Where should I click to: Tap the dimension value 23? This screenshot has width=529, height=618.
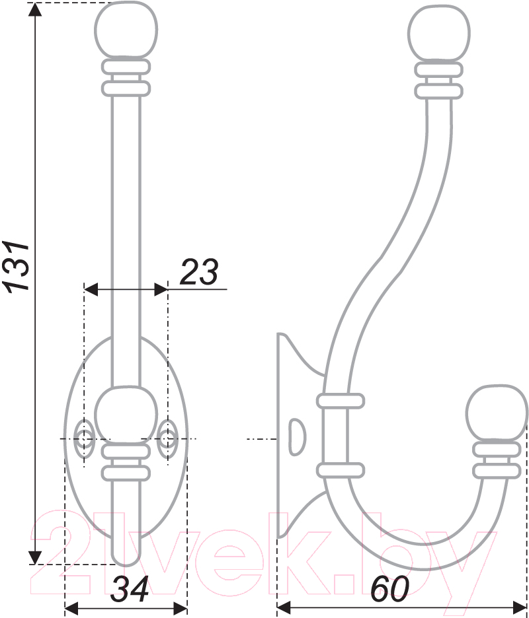tap(198, 272)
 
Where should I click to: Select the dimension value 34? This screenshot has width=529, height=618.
tap(129, 590)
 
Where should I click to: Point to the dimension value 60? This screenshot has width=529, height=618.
tap(389, 590)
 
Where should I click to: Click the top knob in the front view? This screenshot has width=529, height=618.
tap(126, 30)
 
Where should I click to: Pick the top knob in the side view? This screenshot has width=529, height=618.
tap(438, 33)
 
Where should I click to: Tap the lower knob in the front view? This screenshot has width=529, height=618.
tap(126, 415)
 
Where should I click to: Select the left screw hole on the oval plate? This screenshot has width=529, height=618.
tap(84, 438)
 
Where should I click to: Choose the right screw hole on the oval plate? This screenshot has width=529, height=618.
tap(167, 438)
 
